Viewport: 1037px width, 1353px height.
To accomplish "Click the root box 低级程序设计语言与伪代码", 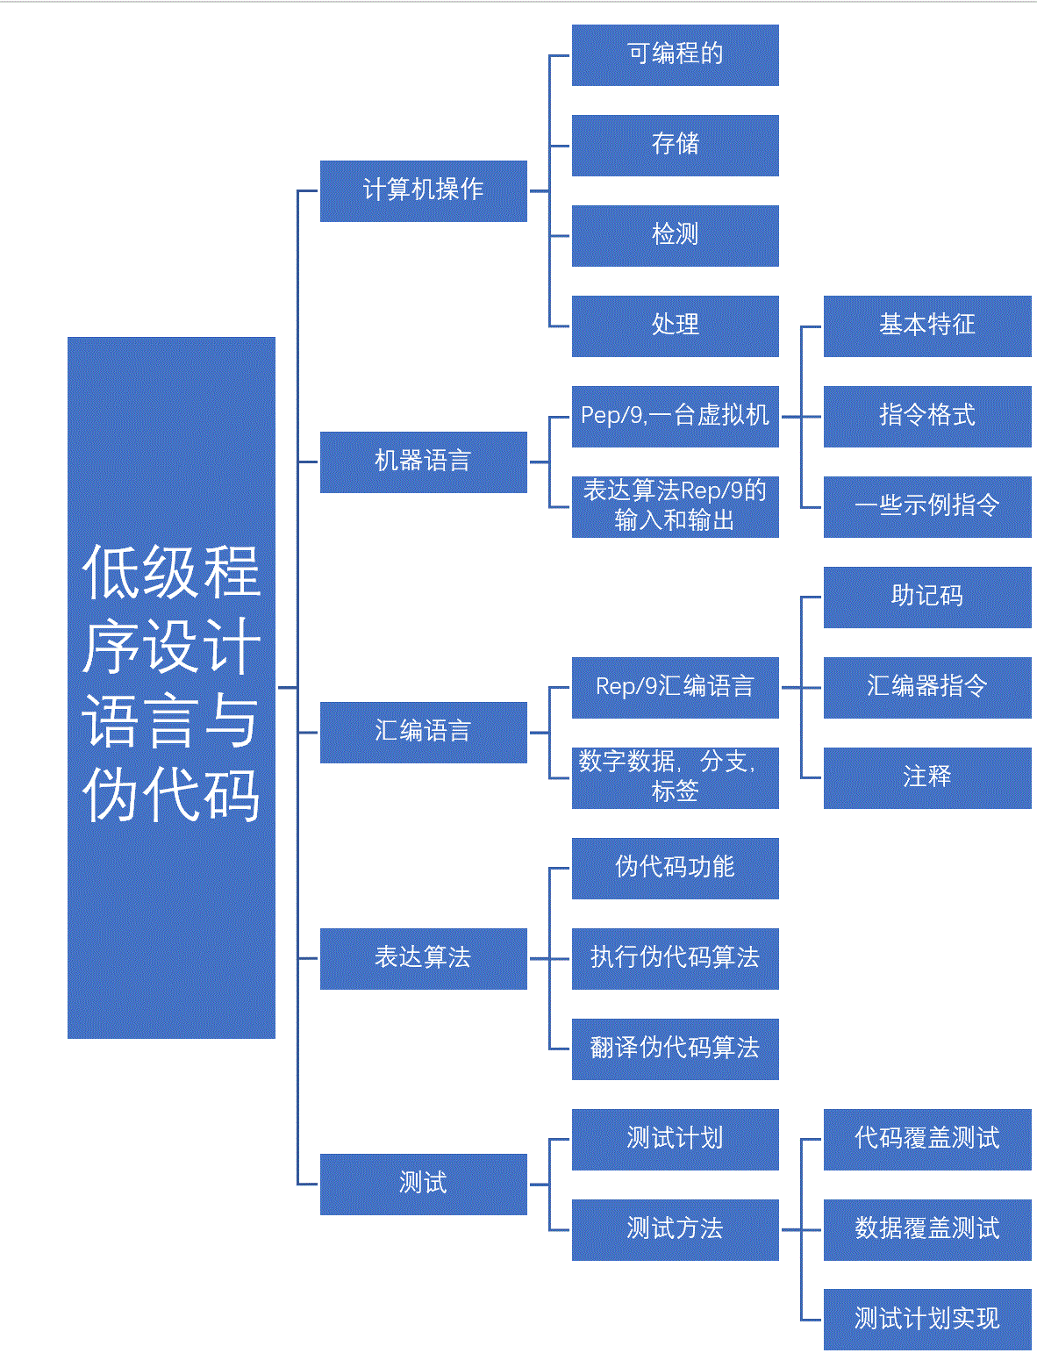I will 171,687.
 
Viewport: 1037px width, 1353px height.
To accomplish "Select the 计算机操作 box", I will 423,190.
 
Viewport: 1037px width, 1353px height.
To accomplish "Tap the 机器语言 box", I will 423,462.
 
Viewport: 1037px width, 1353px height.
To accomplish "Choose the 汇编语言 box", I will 423,732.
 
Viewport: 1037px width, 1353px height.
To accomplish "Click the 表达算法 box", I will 423,958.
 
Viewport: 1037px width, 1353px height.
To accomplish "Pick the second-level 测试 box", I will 423,1184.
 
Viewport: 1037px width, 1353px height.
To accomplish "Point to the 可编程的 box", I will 675,55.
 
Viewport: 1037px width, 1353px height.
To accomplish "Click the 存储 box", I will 675,145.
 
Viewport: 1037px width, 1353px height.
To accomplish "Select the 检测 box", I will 675,235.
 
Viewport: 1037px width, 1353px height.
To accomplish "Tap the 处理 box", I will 675,326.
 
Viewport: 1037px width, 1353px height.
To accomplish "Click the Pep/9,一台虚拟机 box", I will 675,416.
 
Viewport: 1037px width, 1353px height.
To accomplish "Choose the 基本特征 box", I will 926,326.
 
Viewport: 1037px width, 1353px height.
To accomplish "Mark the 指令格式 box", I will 926,416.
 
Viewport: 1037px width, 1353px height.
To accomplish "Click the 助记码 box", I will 926,597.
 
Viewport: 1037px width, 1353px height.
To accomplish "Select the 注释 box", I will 926,777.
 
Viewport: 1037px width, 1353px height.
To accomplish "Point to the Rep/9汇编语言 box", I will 675,687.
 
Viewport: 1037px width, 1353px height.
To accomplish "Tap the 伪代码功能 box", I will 675,868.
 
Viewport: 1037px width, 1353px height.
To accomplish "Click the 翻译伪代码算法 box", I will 675,1049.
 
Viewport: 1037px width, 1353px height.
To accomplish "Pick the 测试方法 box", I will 675,1229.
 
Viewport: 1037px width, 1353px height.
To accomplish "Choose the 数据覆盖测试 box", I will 926,1229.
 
